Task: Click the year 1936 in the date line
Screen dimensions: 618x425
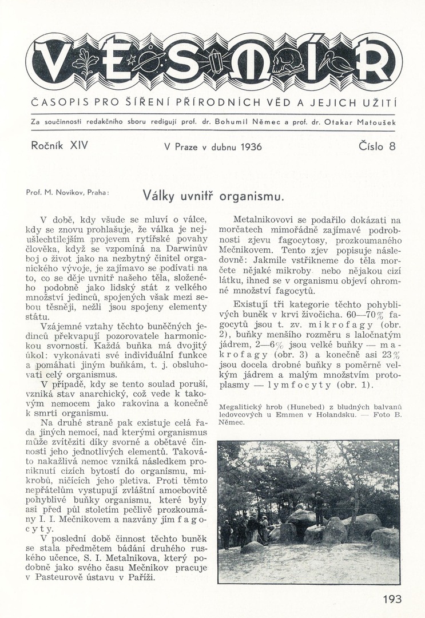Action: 251,147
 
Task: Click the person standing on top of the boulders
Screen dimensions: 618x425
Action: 319,505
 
